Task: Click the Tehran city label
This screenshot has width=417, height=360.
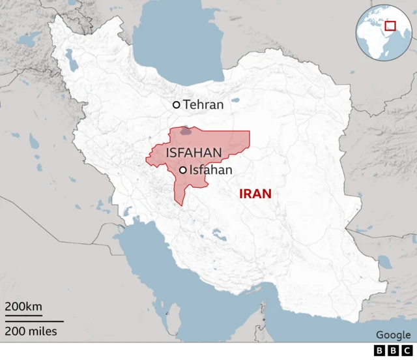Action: [x=203, y=104]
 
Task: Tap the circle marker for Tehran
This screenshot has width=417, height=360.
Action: [x=176, y=104]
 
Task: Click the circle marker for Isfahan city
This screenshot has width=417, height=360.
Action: [x=183, y=170]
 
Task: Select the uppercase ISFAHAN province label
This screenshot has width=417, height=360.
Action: [x=194, y=153]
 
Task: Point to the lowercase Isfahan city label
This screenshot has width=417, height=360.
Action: [x=210, y=170]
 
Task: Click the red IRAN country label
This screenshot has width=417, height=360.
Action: [x=255, y=194]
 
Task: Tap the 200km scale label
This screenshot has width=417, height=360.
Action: [x=24, y=307]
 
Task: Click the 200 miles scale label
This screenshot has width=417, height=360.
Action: [x=31, y=332]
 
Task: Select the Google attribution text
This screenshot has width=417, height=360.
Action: [x=393, y=335]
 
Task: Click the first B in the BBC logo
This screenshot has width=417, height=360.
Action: [x=381, y=352]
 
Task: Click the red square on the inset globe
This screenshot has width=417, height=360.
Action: [x=390, y=26]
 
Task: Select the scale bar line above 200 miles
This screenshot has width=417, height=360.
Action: [x=35, y=321]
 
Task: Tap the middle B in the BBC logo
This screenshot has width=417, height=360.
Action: [x=393, y=352]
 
